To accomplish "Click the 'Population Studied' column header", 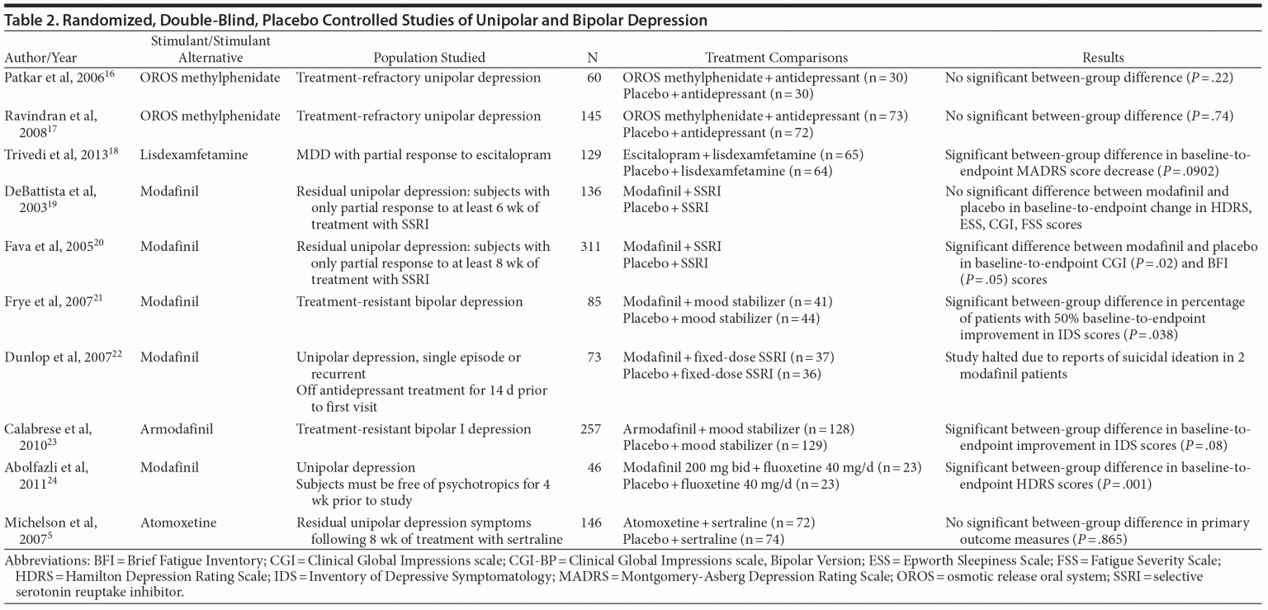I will [429, 58].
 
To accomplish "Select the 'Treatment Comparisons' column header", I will [776, 58].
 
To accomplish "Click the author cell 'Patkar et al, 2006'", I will [56, 78].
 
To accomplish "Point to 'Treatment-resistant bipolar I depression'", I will [414, 429].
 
